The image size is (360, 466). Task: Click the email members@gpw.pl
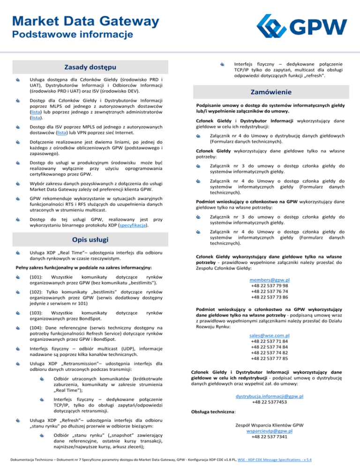(269, 279)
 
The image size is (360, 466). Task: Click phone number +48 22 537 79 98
(269, 286)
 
